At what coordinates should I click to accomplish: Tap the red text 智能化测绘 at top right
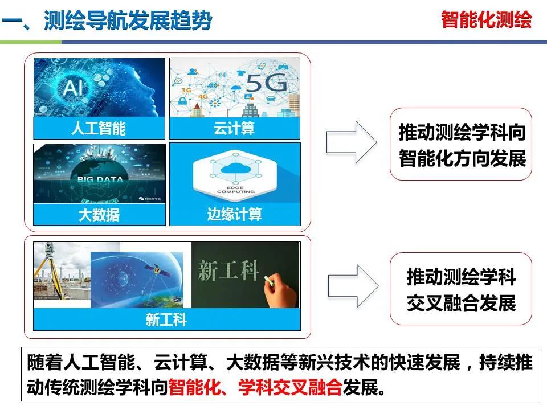pyautogui.click(x=486, y=20)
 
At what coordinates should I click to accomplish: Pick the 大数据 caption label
pyautogui.click(x=99, y=215)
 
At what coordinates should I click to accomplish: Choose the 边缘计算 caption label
pyautogui.click(x=234, y=215)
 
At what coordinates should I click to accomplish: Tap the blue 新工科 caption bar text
pyautogui.click(x=166, y=320)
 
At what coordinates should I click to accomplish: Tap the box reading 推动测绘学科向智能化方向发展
pyautogui.click(x=462, y=144)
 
